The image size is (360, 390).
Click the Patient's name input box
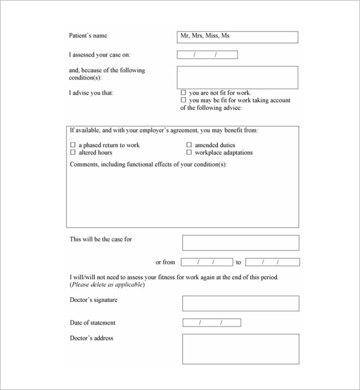coord(237,37)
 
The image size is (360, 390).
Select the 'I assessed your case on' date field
coord(207,55)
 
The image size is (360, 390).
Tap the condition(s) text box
coord(237,78)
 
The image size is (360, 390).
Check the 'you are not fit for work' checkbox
coord(183,92)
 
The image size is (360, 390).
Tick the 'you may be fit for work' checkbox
coord(183,100)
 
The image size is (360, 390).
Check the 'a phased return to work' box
coord(73,145)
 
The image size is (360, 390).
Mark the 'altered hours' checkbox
coord(73,152)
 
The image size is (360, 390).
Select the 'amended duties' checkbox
coord(189,145)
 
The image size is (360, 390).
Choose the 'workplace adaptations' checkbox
coord(189,152)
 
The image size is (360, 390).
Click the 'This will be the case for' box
coord(241,243)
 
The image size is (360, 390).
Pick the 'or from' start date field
coord(207,262)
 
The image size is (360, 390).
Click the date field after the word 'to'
coord(272,262)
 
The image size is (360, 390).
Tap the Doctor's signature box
coord(241,303)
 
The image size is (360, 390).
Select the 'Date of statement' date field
coord(212,323)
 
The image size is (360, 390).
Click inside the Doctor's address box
coord(241,349)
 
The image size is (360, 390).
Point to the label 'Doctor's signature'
coord(94,300)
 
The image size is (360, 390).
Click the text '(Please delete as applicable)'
coord(107,285)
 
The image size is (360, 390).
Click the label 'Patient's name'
coord(88,36)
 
